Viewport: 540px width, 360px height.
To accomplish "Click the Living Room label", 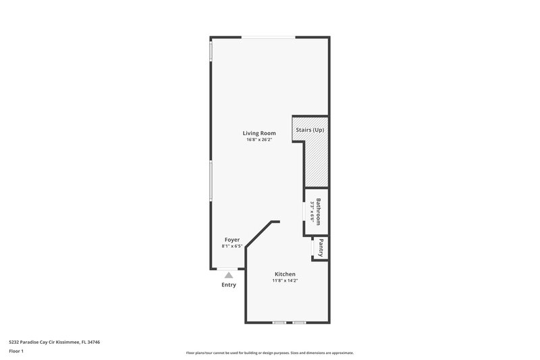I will pos(259,133).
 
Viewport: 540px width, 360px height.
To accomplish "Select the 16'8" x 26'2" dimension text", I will pos(259,140).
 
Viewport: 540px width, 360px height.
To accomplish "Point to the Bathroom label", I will pos(318,211).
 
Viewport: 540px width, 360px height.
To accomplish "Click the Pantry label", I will pos(321,248).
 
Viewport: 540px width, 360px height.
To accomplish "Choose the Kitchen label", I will pos(284,274).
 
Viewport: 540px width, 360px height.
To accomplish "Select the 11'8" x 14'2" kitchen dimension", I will pos(284,281).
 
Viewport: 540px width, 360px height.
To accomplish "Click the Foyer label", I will pos(232,240).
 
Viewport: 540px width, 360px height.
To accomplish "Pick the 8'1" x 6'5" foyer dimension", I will pos(232,247).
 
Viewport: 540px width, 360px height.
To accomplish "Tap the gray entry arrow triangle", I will pos(229,275).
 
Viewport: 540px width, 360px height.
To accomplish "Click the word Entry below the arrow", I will pos(229,285).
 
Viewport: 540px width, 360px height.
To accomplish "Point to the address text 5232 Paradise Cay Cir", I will pos(38,342).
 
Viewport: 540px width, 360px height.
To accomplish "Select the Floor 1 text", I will pos(16,352).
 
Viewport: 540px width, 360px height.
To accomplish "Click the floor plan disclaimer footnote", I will pos(269,353).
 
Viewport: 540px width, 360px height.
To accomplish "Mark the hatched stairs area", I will pos(316,162).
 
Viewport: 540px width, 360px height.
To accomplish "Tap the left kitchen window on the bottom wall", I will pos(279,322).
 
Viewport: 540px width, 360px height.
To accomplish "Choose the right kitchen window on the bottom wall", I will pos(299,322).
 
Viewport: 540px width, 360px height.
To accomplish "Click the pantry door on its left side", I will pos(313,249).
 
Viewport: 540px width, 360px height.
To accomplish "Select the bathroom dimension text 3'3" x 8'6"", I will pos(312,211).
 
